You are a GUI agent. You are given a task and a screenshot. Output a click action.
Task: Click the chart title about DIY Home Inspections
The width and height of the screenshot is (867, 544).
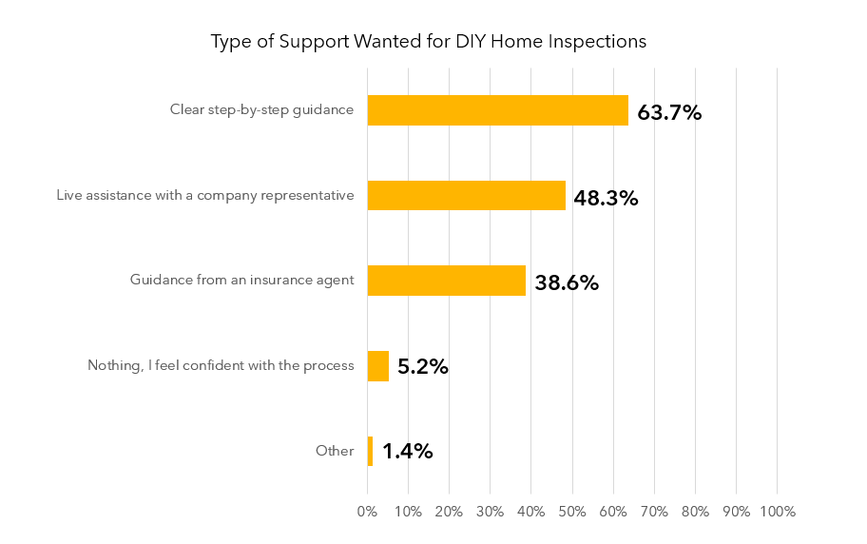click(428, 42)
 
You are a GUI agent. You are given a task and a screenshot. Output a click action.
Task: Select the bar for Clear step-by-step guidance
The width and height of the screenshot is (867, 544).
click(497, 110)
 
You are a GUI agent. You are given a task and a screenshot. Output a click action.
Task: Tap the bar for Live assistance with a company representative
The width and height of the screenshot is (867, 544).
click(466, 196)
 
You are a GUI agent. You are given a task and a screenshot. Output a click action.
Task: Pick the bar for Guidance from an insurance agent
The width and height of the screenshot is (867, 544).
click(446, 281)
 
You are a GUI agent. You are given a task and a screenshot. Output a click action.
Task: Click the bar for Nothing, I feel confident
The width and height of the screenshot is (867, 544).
click(377, 366)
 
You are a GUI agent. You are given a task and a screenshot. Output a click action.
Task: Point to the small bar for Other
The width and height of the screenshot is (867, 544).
click(370, 451)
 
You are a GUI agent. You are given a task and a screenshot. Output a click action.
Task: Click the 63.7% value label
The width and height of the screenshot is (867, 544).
click(669, 112)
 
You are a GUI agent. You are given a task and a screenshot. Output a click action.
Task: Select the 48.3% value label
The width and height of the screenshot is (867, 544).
click(606, 198)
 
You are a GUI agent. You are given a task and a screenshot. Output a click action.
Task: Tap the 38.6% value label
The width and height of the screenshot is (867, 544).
click(567, 282)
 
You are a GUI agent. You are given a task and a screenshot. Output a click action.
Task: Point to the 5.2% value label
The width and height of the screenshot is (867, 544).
click(422, 367)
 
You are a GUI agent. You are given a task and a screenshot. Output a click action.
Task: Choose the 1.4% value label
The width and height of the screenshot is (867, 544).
click(408, 452)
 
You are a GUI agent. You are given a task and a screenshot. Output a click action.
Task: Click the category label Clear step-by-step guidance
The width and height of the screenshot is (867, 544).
click(261, 110)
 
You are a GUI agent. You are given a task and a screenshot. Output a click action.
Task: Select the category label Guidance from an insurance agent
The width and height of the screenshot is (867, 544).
click(241, 281)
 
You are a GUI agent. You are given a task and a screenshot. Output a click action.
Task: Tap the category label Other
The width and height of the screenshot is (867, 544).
click(335, 451)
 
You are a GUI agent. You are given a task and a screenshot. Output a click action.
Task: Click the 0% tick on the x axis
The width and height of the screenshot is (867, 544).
click(367, 512)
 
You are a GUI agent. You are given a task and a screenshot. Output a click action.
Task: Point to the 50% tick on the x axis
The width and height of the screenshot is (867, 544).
click(572, 512)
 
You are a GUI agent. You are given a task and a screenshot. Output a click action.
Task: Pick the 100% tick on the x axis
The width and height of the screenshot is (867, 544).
click(778, 512)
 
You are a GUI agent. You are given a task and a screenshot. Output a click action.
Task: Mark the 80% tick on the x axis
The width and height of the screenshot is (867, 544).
click(695, 512)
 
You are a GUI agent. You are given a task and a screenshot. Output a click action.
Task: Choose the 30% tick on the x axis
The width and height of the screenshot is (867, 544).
click(490, 512)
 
